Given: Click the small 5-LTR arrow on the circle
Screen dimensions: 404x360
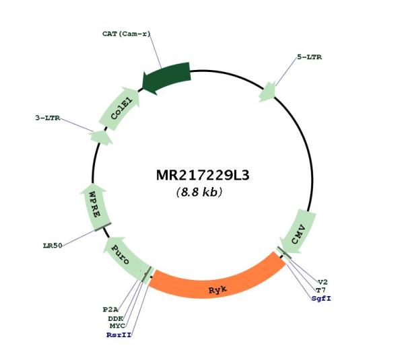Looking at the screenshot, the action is (x=267, y=92).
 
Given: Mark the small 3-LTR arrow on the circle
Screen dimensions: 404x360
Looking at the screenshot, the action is (x=102, y=137).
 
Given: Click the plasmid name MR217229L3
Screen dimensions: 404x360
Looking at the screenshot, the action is (x=203, y=176).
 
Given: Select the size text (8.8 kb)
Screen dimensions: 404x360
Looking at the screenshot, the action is (x=199, y=192).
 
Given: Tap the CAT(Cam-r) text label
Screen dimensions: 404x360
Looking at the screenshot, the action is (x=127, y=34).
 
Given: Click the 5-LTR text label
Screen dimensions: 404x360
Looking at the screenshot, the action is (x=310, y=57).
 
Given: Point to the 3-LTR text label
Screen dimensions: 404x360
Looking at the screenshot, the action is (x=48, y=118).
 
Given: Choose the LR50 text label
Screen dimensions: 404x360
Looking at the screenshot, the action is (x=53, y=246).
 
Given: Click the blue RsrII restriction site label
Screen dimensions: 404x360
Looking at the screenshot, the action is (x=119, y=335).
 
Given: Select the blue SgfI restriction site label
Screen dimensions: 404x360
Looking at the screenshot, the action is (x=321, y=299).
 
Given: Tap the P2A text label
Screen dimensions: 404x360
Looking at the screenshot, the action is (x=110, y=310).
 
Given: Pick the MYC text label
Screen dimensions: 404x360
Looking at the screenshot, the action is (x=117, y=326).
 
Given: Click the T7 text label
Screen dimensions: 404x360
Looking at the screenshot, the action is (x=321, y=291).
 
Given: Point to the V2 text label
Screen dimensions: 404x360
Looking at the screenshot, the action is (x=323, y=282).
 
